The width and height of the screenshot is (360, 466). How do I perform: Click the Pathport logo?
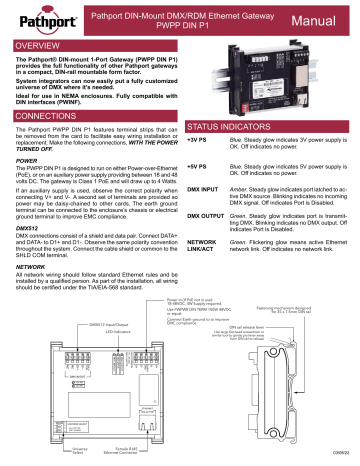pyautogui.click(x=42, y=18)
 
